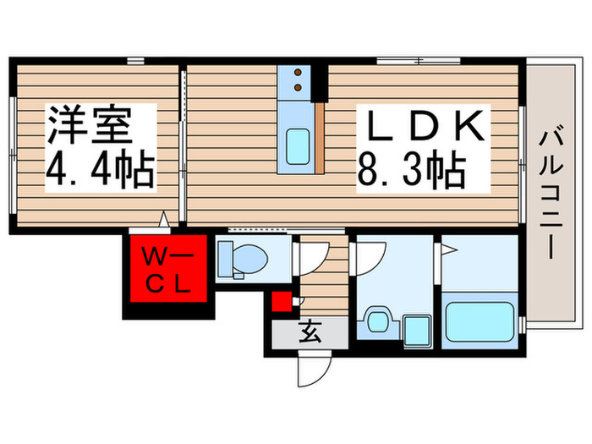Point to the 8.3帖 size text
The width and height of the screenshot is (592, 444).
(411, 172)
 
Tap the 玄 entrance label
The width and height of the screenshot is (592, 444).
(309, 334)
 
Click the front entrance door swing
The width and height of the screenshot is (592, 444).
(310, 368)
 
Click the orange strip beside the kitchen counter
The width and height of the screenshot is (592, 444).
(319, 137)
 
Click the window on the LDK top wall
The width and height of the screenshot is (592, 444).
(418, 60)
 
